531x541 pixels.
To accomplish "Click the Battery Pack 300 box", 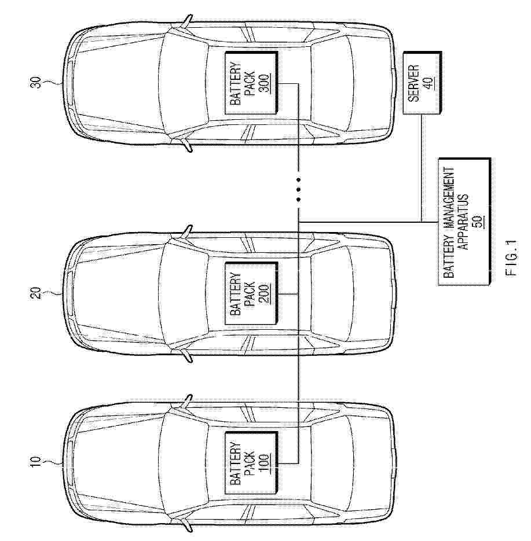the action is pos(251,83).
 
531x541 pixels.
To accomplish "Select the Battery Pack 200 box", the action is pos(251,293).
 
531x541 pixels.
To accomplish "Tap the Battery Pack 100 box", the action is pos(251,463).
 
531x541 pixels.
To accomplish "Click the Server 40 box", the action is pos(422,83).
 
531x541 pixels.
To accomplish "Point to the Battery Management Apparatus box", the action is pos(464,222).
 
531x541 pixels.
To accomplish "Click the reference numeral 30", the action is pos(35,83).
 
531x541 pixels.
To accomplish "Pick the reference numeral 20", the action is pos(35,293).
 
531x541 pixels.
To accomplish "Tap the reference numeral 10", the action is pos(35,463).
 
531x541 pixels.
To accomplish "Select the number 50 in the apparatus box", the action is pos(479,222).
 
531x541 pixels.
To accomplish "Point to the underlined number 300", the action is pos(265,83).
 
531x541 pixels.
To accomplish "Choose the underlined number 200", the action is pos(265,293).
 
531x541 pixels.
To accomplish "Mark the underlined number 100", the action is pos(265,463).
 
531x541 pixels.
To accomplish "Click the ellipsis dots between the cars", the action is pos(299,189).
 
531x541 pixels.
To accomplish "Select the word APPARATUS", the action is pos(463,222).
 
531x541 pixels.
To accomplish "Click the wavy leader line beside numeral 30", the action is pos(52,83).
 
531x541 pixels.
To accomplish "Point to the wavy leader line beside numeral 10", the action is pos(52,463).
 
